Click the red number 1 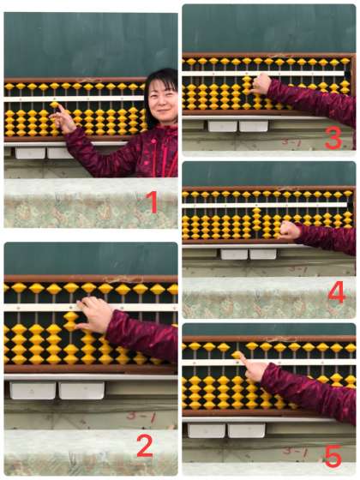153,201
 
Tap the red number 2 145,446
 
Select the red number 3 333,138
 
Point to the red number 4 337,293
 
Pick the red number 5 333,457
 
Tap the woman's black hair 159,89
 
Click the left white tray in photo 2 33,390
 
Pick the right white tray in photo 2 81,390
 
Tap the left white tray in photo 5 207,430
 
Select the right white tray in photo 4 263,254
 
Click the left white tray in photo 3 223,126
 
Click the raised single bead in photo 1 55,105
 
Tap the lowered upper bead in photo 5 237,355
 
